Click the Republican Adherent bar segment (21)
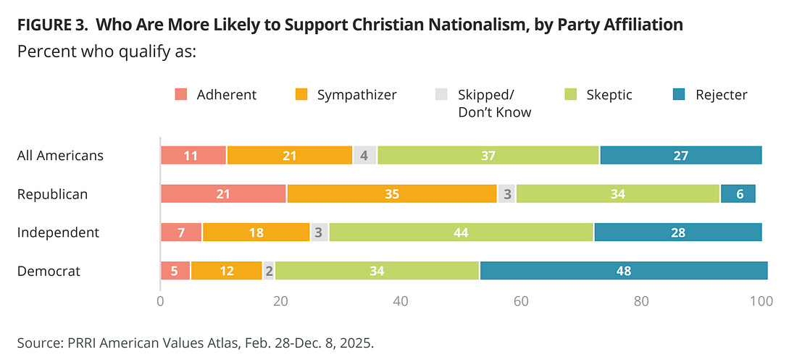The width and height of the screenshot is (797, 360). pos(223,194)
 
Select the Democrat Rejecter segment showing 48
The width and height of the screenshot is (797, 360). pos(623,271)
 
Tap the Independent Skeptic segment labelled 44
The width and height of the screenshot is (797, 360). pos(462,233)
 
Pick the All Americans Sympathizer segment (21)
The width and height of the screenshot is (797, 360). pos(289,156)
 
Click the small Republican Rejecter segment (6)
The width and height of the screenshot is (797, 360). pos(738,194)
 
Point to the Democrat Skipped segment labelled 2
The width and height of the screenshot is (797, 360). pos(269,271)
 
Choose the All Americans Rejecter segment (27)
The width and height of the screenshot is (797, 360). pos(680,156)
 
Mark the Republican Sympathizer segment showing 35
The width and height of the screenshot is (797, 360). pos(392,194)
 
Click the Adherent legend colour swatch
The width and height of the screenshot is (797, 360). pos(181,95)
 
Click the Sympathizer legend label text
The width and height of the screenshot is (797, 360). pos(357,95)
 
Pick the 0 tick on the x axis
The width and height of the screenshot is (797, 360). pos(160,300)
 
